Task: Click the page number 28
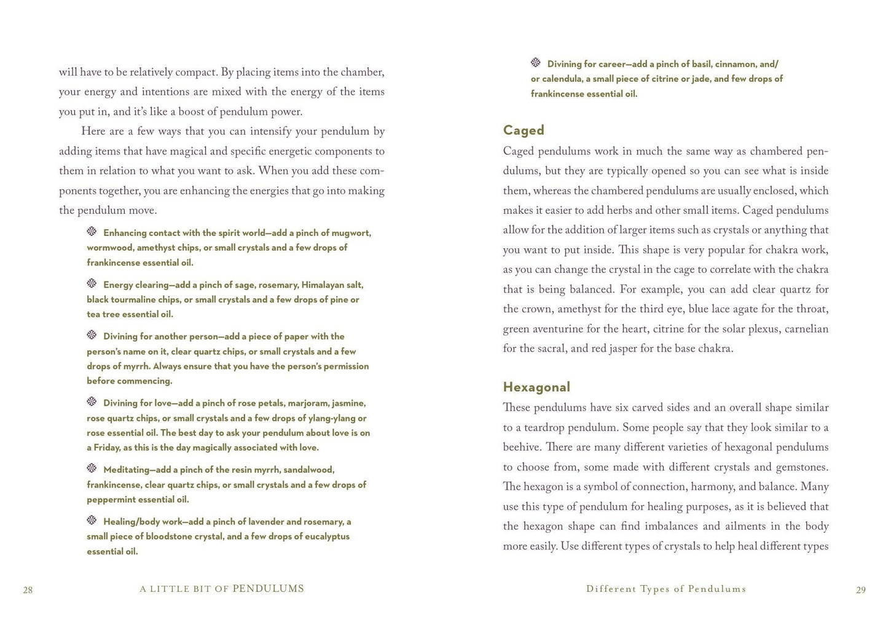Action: [28, 590]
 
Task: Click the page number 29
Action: [860, 590]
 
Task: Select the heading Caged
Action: [524, 130]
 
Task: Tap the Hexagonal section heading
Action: [536, 387]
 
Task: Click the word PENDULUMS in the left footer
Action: [268, 589]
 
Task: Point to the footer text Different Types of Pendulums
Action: [666, 589]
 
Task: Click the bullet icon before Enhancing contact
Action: [92, 232]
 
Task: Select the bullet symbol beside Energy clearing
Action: [92, 284]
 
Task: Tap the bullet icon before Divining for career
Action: [536, 63]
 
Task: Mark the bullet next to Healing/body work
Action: [92, 521]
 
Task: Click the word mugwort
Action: [351, 233]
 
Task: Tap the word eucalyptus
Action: [325, 537]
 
